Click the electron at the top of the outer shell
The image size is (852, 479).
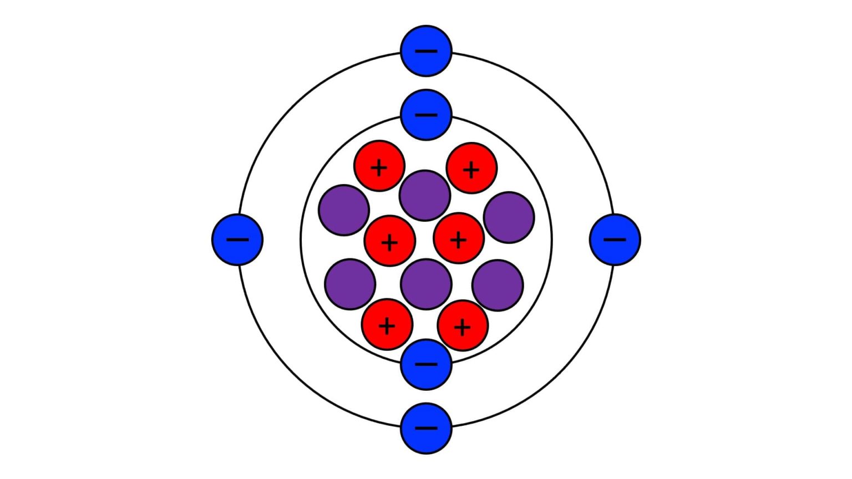coord(426,50)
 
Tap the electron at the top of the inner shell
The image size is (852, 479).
coord(426,115)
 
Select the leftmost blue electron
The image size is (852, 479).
coord(237,239)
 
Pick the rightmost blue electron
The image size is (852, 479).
coord(615,239)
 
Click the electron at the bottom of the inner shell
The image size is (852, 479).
coord(426,364)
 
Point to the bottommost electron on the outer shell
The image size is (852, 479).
coord(426,428)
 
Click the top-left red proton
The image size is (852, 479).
coord(379,166)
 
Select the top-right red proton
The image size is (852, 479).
coord(471,168)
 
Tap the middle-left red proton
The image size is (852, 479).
coord(389,241)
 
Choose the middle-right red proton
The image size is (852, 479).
coord(459,239)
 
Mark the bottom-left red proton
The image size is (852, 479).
coord(387,325)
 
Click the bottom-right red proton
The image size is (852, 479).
coord(463,326)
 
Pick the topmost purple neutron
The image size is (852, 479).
coord(425,195)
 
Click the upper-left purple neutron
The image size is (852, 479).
coord(344,210)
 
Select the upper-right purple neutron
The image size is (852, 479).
coord(509,217)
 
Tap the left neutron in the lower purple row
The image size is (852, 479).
coord(350,284)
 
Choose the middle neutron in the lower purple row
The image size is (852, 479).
coord(425,284)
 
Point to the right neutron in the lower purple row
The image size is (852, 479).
coord(498,285)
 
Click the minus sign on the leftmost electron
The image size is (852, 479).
coord(237,239)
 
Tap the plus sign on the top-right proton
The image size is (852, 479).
coord(471,170)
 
